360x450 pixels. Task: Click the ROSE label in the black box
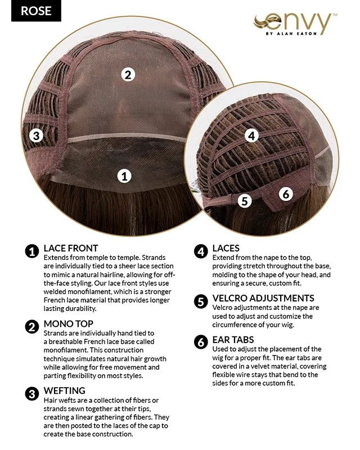click(36, 11)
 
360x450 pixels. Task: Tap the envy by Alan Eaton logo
click(295, 24)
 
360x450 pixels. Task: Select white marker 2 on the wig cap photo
click(128, 75)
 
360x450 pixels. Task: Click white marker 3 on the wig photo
click(37, 135)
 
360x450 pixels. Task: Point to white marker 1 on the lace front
click(124, 175)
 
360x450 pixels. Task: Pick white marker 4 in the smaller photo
click(252, 136)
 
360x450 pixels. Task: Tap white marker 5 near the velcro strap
click(245, 201)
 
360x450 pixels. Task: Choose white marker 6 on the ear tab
click(286, 194)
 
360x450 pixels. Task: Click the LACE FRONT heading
click(71, 248)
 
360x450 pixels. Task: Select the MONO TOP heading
click(68, 324)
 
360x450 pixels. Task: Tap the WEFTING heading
click(64, 390)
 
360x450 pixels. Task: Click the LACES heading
click(226, 248)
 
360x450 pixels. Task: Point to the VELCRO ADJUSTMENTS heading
click(263, 298)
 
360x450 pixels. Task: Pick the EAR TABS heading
click(233, 340)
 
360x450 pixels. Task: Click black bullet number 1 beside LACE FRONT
click(32, 251)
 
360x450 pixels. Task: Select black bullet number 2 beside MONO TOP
click(32, 327)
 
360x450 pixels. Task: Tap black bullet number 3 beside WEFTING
click(32, 394)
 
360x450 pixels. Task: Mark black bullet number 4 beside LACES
click(201, 251)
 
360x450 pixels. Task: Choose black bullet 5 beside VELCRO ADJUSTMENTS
click(201, 301)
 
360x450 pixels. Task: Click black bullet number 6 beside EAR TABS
click(201, 343)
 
